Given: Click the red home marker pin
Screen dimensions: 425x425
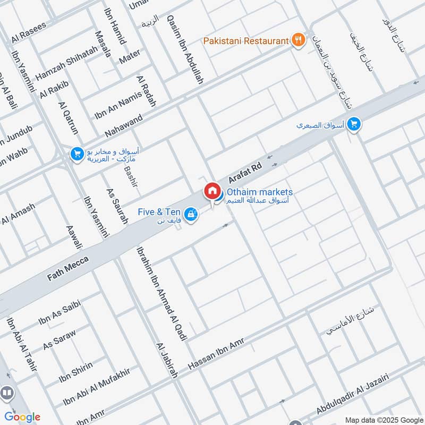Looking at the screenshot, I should [x=211, y=191].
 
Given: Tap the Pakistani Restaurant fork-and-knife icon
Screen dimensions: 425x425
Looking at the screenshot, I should [x=299, y=40].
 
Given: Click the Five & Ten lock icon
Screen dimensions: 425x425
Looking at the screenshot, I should [x=192, y=215].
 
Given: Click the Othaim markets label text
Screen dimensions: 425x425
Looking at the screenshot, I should [x=260, y=192].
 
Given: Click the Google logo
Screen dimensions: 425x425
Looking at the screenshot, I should [x=22, y=417].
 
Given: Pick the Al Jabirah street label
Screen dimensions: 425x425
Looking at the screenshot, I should [x=166, y=360].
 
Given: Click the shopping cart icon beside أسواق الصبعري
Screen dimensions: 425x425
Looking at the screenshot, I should [x=354, y=125].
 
